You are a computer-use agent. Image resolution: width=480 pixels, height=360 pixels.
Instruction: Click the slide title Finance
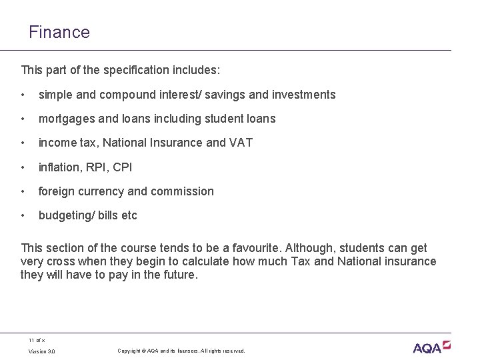(59, 31)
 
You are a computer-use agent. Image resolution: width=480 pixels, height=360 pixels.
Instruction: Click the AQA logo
(431, 347)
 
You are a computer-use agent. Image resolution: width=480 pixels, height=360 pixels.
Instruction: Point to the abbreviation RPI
(97, 167)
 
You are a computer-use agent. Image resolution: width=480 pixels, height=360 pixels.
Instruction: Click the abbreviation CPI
(122, 167)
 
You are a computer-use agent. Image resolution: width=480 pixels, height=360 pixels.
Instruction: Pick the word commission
(183, 191)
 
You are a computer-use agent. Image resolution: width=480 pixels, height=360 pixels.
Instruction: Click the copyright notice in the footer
(181, 351)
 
